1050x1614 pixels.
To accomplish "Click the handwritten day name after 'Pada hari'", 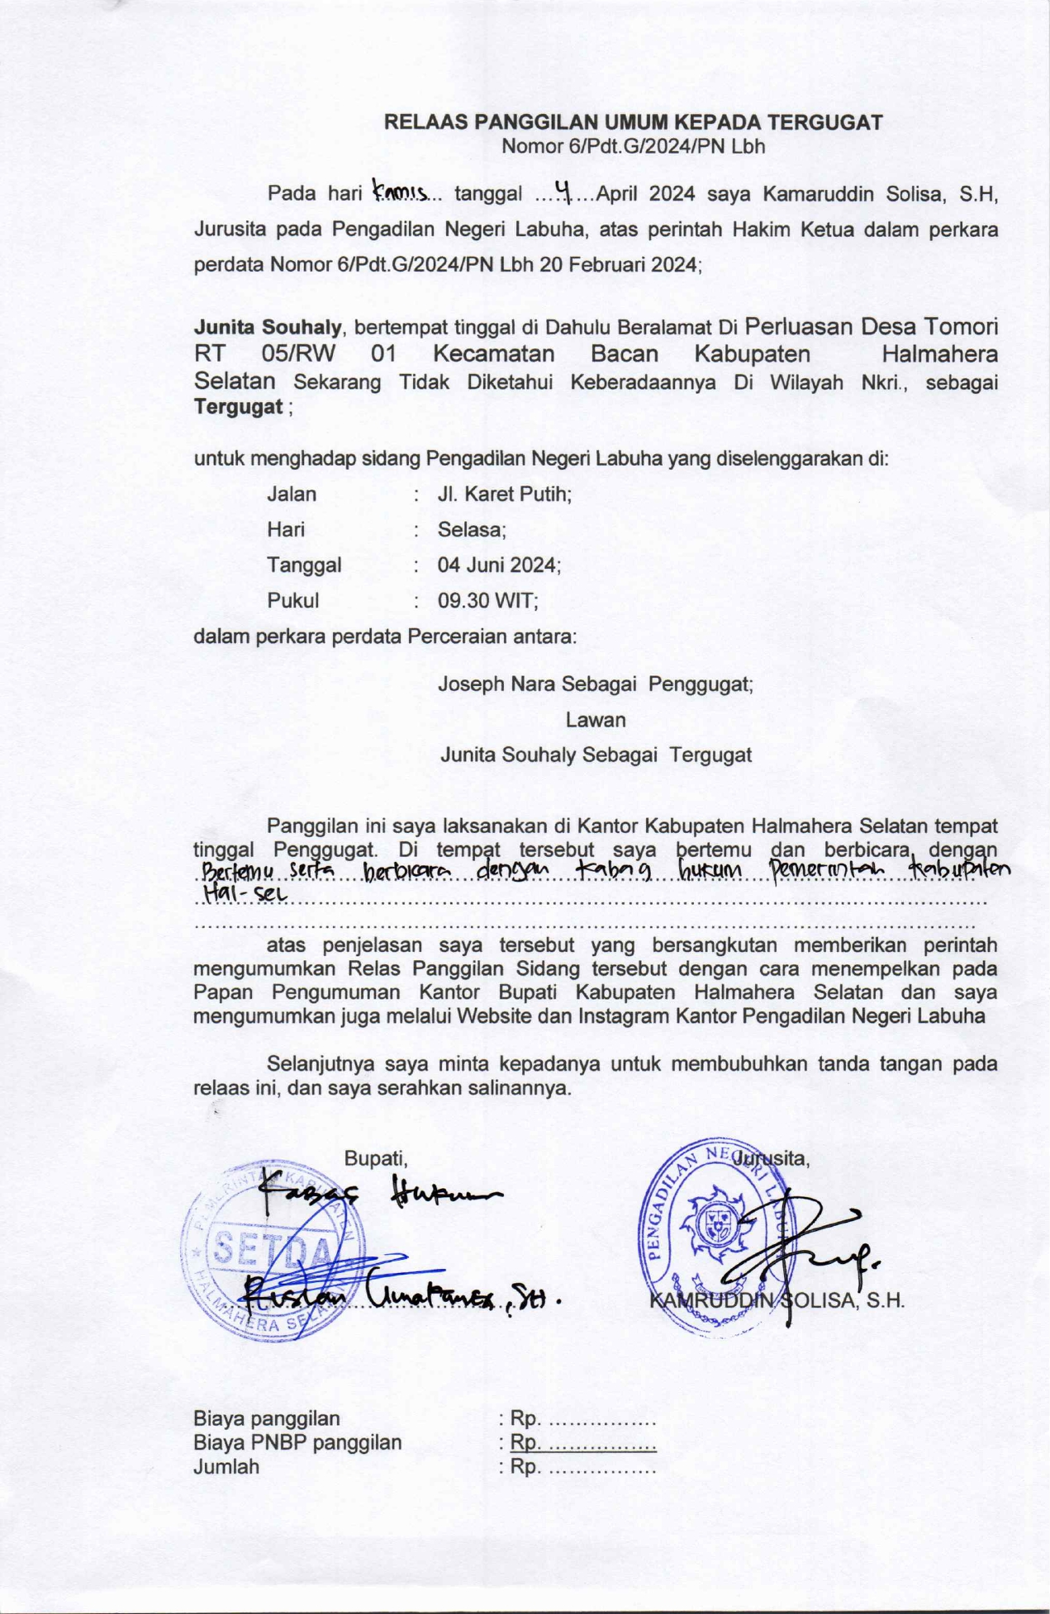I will click(400, 193).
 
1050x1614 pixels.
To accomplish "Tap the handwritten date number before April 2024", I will click(565, 193).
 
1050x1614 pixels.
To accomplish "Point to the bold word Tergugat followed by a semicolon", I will click(238, 407).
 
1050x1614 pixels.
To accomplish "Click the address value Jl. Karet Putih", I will click(505, 495).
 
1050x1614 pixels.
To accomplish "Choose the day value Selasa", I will click(472, 530).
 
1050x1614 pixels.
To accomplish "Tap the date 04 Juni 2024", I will click(499, 566).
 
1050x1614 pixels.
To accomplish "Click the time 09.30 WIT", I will click(487, 601).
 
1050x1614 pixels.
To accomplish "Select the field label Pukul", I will click(292, 601).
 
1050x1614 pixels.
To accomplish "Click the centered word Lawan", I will click(596, 720).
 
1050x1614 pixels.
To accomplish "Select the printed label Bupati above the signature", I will click(375, 1158).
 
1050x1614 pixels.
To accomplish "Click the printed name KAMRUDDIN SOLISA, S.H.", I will click(777, 1301).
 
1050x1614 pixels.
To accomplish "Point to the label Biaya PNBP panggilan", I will click(297, 1442).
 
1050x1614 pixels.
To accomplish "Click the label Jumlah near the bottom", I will click(226, 1466).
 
